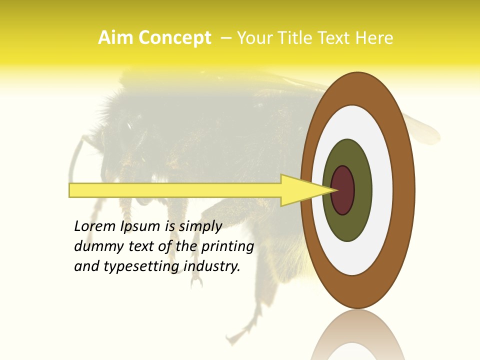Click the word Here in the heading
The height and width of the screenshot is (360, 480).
(x=374, y=38)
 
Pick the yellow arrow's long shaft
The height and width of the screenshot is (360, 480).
(x=175, y=190)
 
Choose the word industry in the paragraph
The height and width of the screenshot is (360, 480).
(x=212, y=266)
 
